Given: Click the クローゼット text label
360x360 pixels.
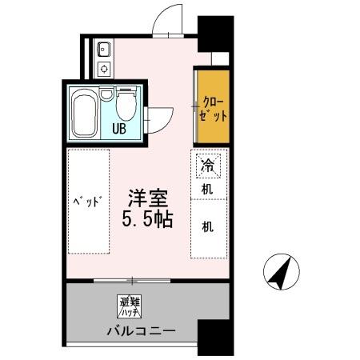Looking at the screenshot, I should (x=213, y=108).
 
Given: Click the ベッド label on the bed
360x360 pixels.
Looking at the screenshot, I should (x=89, y=200).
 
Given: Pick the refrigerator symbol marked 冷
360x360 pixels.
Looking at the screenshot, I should (x=206, y=167).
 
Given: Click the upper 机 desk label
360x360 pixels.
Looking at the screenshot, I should (x=207, y=190).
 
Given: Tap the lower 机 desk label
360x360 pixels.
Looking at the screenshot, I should (x=207, y=226).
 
